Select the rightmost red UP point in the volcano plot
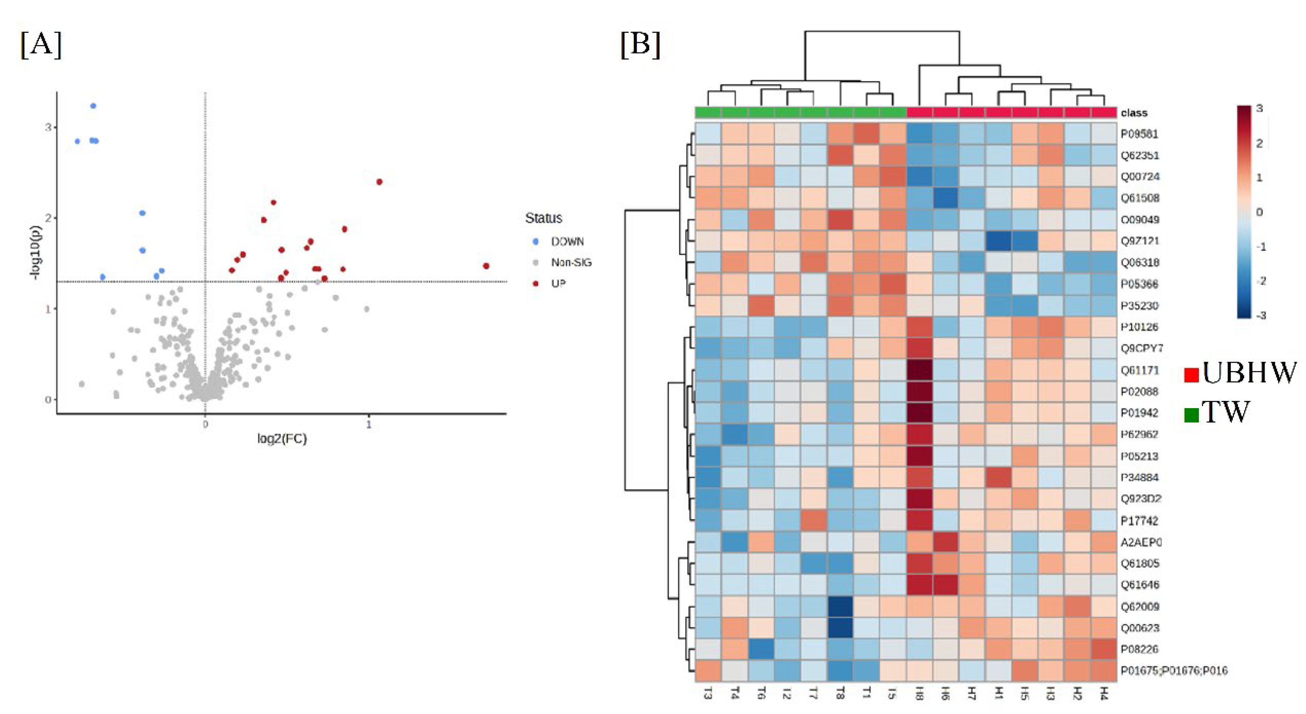pos(486,266)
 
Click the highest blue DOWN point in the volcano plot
pos(93,106)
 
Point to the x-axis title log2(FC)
pos(282,439)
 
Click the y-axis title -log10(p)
pos(35,252)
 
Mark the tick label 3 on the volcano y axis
pos(48,127)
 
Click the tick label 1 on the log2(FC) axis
pos(369,425)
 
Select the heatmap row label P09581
pos(1139,134)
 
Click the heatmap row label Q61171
pos(1139,370)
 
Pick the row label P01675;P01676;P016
pos(1174,670)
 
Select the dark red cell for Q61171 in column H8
pos(919,370)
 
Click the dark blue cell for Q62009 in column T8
pos(840,607)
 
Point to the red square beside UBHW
pos(1191,375)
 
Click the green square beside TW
pos(1191,415)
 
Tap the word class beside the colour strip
pos(1134,112)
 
